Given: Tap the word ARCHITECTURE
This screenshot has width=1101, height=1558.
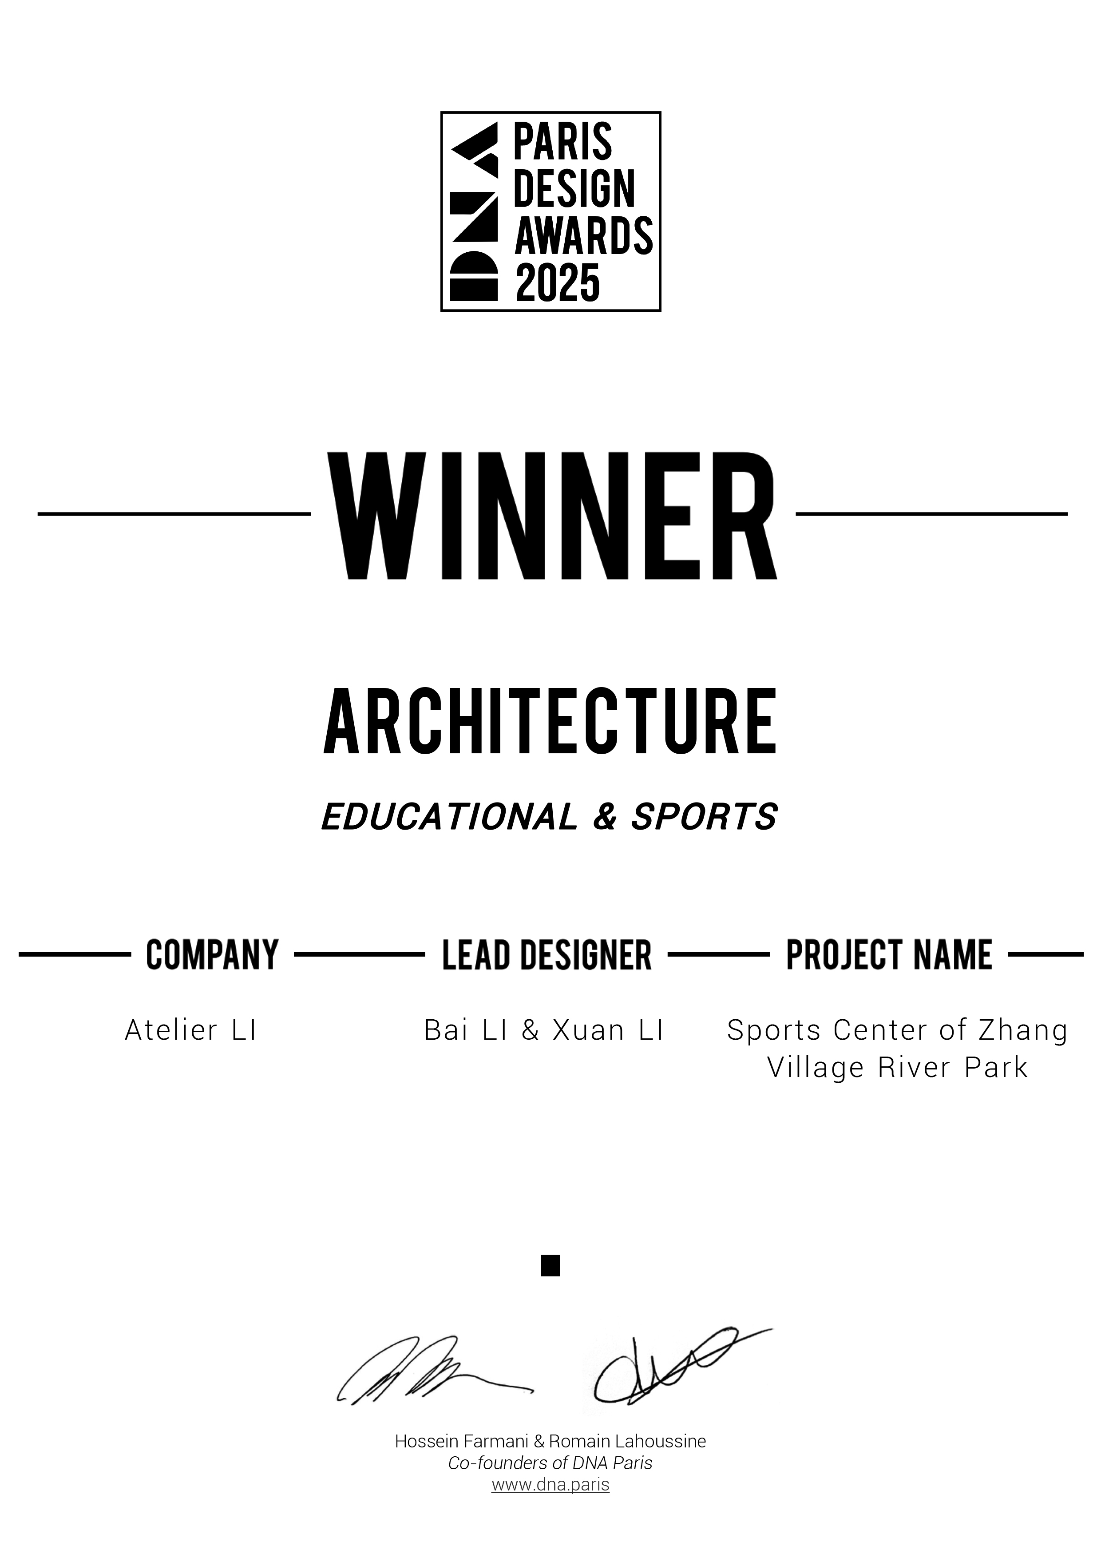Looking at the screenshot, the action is pyautogui.click(x=550, y=721).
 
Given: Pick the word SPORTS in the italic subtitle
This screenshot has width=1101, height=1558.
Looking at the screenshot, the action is pyautogui.click(x=704, y=816).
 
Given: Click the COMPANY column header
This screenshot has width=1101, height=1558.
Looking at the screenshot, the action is pyautogui.click(x=212, y=955).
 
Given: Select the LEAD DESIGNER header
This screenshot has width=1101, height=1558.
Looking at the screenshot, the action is pyautogui.click(x=547, y=955).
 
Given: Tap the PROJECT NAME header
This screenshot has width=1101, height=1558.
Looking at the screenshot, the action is pyautogui.click(x=889, y=955).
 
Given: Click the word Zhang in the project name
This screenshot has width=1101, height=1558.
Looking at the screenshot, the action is pyautogui.click(x=1023, y=1030).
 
